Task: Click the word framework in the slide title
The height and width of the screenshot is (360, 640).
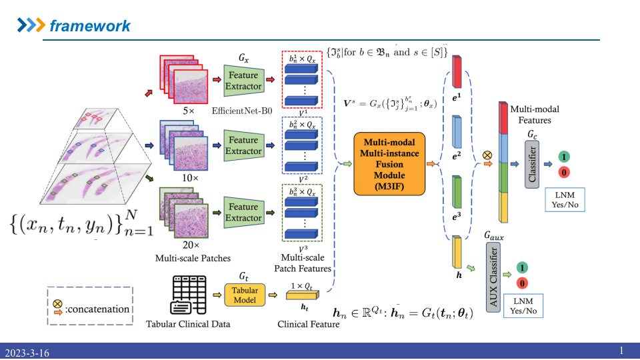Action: [90, 26]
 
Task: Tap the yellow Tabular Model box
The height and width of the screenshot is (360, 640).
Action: [245, 295]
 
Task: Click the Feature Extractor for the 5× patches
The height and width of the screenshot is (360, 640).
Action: [243, 81]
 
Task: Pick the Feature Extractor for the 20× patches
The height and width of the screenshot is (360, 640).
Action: [243, 213]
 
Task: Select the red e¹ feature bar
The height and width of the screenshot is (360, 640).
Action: [457, 71]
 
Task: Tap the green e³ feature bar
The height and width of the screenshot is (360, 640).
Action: [457, 193]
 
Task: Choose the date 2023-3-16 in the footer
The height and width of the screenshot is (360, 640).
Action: [27, 352]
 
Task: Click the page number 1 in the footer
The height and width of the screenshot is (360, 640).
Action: [621, 351]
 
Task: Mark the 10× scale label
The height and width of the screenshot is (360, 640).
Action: [190, 179]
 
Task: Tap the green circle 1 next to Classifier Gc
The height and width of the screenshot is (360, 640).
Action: [563, 157]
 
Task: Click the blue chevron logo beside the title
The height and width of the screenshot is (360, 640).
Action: [30, 26]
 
